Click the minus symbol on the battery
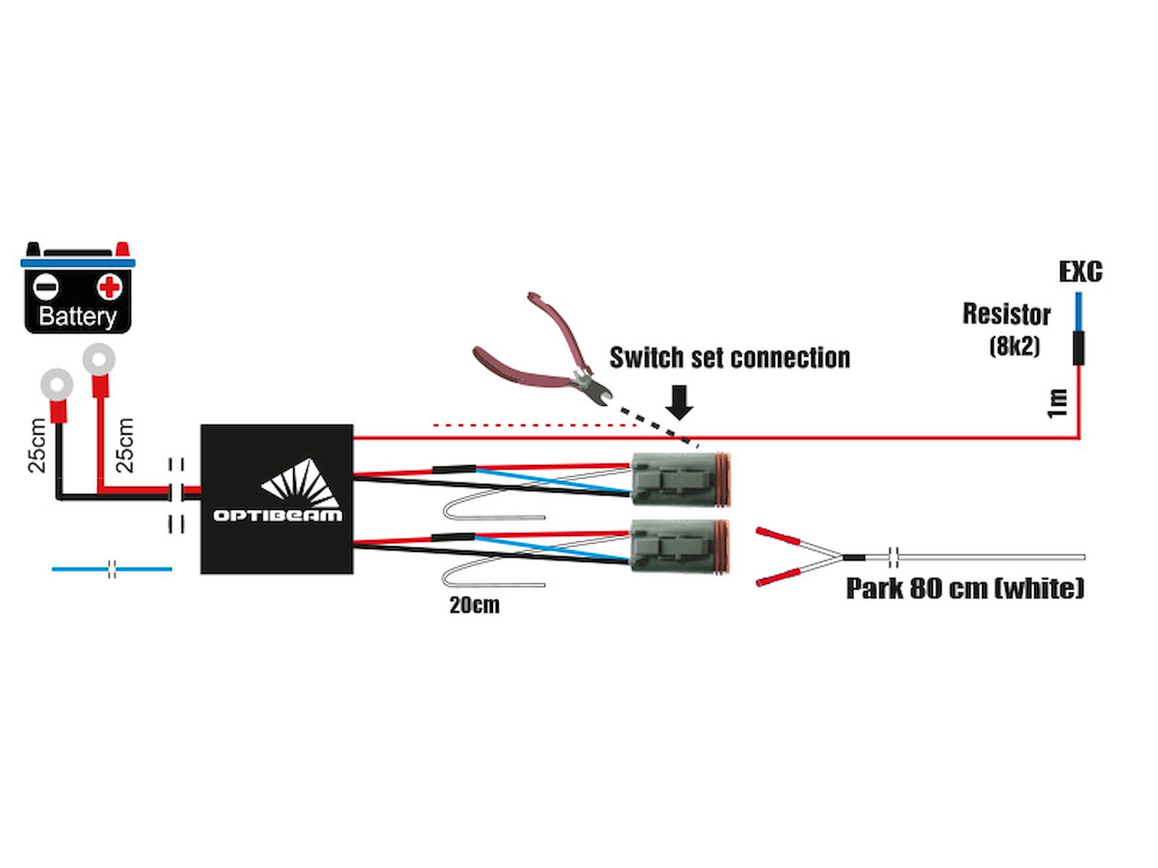coord(46,287)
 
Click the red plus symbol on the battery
coord(109,287)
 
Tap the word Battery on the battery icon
coord(77,316)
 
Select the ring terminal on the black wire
coord(56,384)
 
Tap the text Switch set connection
coord(729,357)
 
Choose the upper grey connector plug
coord(680,480)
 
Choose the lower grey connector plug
coord(680,545)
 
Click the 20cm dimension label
coord(474,605)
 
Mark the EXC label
coord(1080,272)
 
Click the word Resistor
coord(1006,314)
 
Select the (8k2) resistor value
coord(1014,346)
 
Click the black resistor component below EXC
coord(1078,348)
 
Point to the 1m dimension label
coord(1057,403)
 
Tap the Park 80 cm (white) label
coord(965,587)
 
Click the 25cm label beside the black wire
coord(37,446)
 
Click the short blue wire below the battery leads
coord(111,569)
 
